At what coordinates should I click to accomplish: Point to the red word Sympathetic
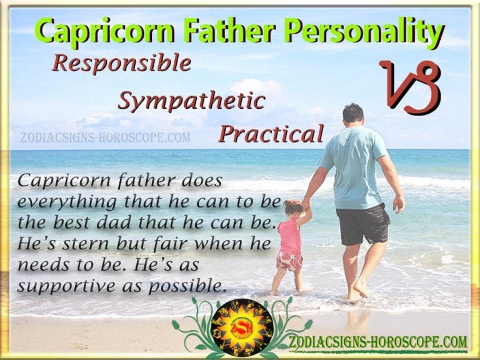pyautogui.click(x=191, y=100)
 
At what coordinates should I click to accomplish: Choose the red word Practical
pyautogui.click(x=271, y=133)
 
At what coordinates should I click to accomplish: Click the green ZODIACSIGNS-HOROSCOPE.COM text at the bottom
pyautogui.click(x=378, y=342)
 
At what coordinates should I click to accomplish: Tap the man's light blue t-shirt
pyautogui.click(x=352, y=166)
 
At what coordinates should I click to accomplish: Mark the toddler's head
pyautogui.click(x=292, y=208)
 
